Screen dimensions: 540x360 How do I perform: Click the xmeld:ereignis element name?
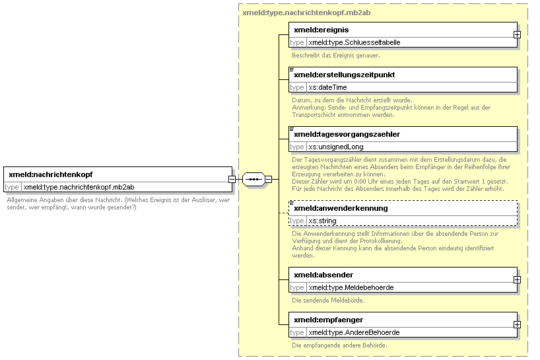click(321, 30)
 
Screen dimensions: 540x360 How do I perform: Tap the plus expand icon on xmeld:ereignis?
click(517, 35)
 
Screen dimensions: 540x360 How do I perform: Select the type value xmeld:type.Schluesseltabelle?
click(354, 42)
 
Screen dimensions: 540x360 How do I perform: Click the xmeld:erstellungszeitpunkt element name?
click(345, 75)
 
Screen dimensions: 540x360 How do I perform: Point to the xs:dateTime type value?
click(327, 87)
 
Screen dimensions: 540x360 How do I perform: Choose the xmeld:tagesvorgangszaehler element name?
click(347, 134)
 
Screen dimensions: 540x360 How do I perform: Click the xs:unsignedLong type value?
click(336, 147)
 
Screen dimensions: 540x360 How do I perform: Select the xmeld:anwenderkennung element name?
click(341, 208)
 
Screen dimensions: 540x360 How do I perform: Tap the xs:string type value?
click(322, 221)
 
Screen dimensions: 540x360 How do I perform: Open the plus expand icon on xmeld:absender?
click(517, 279)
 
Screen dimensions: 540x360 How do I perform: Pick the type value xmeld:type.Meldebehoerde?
click(351, 287)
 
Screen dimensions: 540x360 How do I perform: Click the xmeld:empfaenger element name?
click(328, 320)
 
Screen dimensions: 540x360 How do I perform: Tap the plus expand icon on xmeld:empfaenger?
click(517, 325)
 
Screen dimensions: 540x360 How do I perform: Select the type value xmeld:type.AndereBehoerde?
click(354, 332)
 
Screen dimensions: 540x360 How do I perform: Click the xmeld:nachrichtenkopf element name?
click(51, 174)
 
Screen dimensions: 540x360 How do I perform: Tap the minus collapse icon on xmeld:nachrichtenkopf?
click(232, 180)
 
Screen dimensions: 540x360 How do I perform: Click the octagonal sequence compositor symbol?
click(253, 180)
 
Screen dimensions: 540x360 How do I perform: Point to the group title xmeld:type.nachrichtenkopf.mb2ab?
click(306, 13)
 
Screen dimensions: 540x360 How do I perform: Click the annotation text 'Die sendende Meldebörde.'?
click(328, 301)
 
